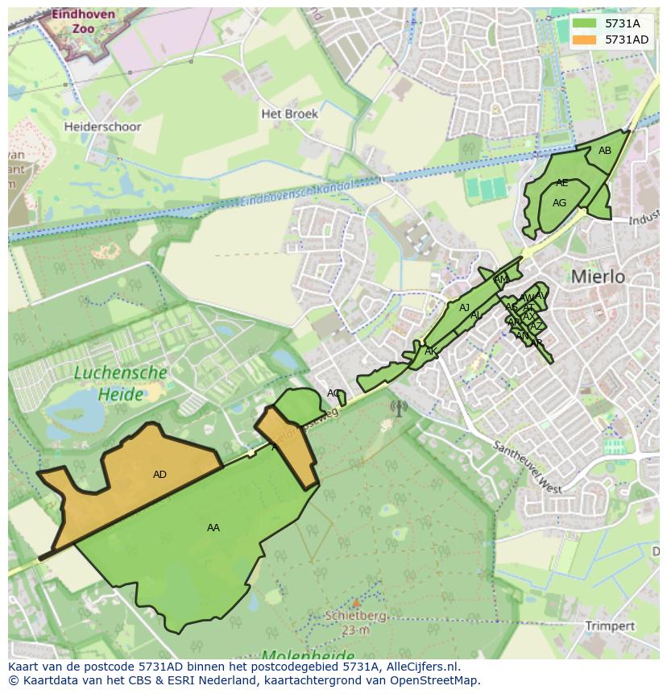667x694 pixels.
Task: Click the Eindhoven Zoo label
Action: coord(72,22)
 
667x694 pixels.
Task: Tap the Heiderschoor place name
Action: coord(102,127)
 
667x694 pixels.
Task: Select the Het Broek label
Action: coord(289,114)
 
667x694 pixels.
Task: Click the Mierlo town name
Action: coord(598,276)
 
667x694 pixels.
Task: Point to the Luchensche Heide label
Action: coord(121,384)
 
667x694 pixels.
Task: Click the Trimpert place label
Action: coord(610,625)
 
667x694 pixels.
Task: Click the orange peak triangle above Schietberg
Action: coord(356,602)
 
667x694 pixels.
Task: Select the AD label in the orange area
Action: coord(159,475)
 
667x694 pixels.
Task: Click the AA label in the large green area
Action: coord(213,528)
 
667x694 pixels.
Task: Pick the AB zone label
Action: coord(605,151)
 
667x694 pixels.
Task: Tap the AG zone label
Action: coord(559,203)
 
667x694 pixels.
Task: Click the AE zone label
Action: coord(561,183)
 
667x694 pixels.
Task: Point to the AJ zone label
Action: coord(464,308)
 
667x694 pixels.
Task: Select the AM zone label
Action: coord(500,281)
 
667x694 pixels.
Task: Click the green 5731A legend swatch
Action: coord(585,24)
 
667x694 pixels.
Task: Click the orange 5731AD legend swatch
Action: coord(585,39)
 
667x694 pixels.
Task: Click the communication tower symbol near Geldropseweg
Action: coord(398,408)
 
